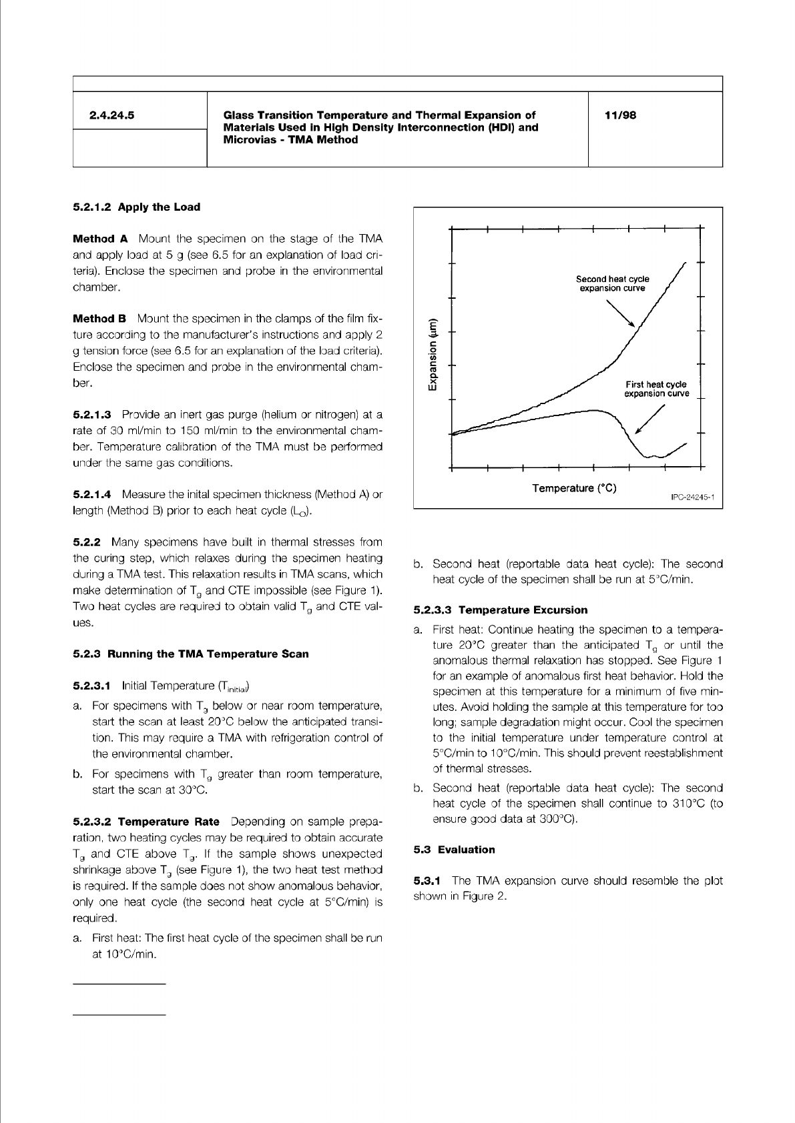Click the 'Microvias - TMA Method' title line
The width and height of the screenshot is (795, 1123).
(x=290, y=140)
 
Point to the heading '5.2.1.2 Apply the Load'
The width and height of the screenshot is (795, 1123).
(x=136, y=207)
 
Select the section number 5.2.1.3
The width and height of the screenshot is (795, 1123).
(x=91, y=415)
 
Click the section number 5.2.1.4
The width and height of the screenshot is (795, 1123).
(x=91, y=495)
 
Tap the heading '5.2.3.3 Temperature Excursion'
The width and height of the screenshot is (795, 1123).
(x=501, y=610)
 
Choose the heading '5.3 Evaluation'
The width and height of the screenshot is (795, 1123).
(x=454, y=850)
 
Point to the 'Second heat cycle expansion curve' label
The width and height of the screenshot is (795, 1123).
(x=612, y=283)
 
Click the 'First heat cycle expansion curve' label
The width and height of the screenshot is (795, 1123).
(x=656, y=389)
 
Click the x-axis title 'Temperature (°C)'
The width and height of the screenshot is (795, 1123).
(x=574, y=488)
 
